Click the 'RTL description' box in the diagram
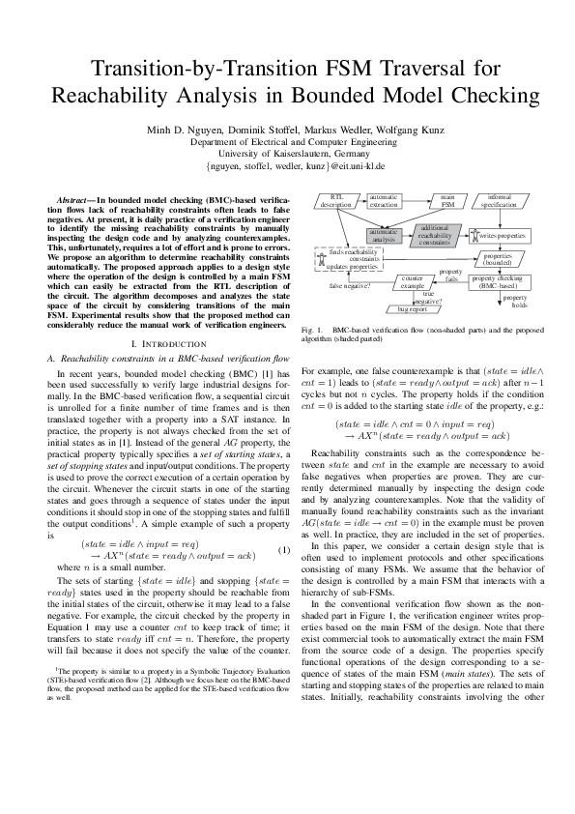(336, 201)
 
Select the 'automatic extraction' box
(384, 201)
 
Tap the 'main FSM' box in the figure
(447, 201)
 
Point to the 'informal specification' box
(499, 201)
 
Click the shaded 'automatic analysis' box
(384, 235)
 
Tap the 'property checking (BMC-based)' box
(501, 281)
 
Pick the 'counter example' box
(413, 282)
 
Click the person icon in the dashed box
(323, 257)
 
